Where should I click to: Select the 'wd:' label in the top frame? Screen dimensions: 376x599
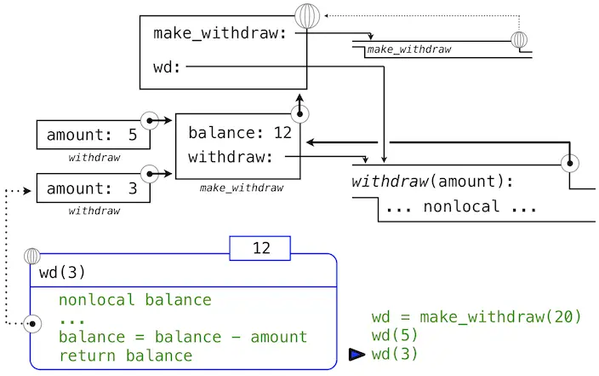168,66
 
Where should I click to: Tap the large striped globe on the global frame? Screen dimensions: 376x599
306,16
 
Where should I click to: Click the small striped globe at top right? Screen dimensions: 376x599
519,40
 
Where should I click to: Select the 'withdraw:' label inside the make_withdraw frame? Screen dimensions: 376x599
230,157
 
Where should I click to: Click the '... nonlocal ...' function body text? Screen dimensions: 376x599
449,206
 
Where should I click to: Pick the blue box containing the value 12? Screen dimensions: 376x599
260,248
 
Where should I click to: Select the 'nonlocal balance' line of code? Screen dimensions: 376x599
135,300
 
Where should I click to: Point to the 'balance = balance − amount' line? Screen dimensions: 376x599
183,337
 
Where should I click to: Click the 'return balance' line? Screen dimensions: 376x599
126,355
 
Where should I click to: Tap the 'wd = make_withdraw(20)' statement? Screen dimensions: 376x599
476,317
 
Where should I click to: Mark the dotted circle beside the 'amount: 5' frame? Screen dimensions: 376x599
151,121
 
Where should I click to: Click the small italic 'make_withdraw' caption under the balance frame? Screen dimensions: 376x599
241,188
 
